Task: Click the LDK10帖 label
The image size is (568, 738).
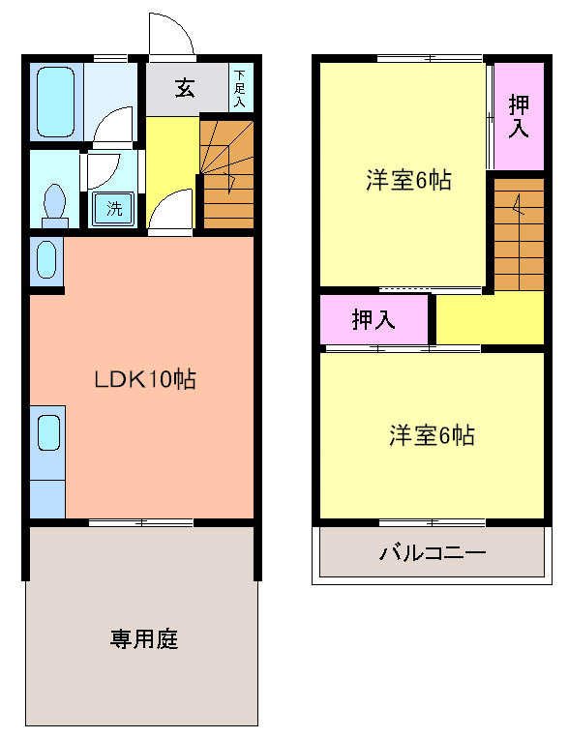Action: point(144,379)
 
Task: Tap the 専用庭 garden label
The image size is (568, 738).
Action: point(143,639)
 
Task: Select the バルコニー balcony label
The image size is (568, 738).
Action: point(432,554)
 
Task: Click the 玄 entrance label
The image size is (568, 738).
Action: point(185,89)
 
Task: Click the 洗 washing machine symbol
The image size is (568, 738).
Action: point(115,207)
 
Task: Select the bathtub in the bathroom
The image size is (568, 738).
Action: point(56,102)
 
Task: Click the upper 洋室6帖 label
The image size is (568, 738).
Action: point(407,180)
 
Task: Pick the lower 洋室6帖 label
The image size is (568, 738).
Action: point(432,435)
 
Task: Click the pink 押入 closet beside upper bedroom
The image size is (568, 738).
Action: point(519,116)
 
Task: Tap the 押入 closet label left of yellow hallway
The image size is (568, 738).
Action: point(374,320)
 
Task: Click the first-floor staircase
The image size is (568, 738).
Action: point(227,174)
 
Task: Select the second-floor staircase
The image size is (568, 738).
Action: point(519,232)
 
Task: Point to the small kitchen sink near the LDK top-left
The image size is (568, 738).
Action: point(46,259)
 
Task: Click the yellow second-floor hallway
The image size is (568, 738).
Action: point(489,318)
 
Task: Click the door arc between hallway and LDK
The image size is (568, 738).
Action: point(172,210)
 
